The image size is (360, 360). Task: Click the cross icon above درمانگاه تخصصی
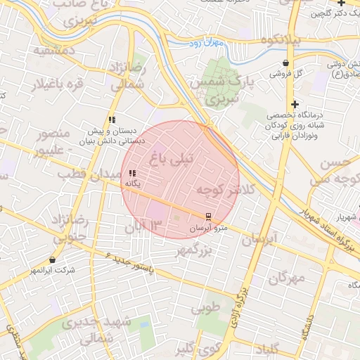[297, 104]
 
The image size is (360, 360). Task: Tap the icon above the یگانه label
[132, 173]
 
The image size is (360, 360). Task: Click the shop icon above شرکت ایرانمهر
[53, 260]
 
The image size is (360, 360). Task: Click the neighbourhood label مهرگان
[287, 278]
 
